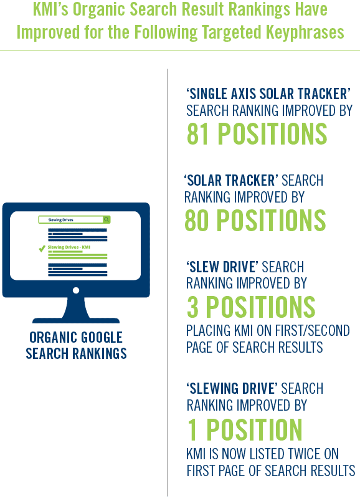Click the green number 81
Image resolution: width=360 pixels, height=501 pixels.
(x=197, y=134)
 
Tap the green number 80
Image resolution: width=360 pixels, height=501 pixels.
(x=197, y=220)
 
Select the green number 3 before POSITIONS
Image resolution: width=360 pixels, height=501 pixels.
(x=192, y=307)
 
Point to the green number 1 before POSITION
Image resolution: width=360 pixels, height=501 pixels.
(x=192, y=429)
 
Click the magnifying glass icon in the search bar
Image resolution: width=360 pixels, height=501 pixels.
(x=107, y=219)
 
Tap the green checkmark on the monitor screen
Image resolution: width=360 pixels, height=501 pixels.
(x=42, y=248)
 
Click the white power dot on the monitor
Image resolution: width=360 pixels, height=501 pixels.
(x=76, y=290)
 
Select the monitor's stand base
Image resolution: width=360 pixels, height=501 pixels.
(x=76, y=320)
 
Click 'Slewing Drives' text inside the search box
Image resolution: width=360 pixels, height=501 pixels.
(x=60, y=220)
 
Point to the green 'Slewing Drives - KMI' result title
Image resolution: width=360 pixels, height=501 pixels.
(x=69, y=247)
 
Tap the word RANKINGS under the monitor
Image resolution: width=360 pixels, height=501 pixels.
(x=99, y=354)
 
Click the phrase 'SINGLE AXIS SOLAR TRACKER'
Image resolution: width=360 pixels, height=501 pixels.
(x=268, y=93)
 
